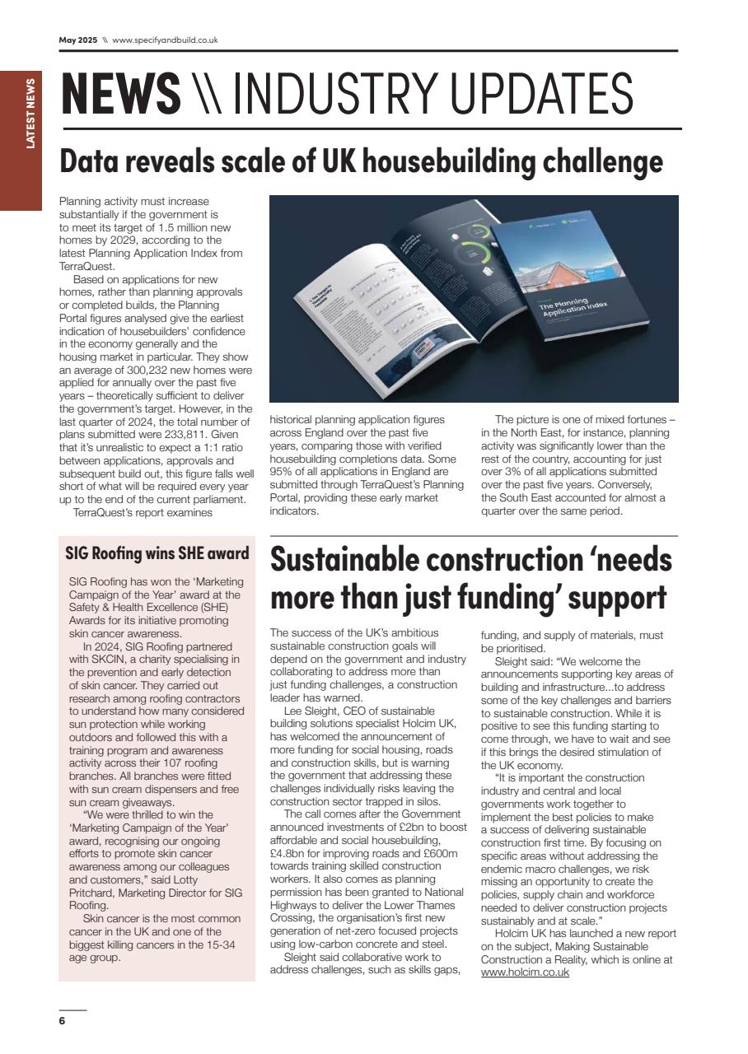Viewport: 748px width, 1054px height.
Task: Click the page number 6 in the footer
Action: coord(62,1021)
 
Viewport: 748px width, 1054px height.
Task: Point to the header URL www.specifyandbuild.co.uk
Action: coord(165,40)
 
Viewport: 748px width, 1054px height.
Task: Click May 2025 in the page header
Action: coord(77,40)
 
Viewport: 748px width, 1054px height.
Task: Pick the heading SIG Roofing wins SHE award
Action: coord(157,553)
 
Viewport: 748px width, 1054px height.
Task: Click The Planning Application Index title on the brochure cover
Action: coord(574,309)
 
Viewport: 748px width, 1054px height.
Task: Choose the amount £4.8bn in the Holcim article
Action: coord(287,851)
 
